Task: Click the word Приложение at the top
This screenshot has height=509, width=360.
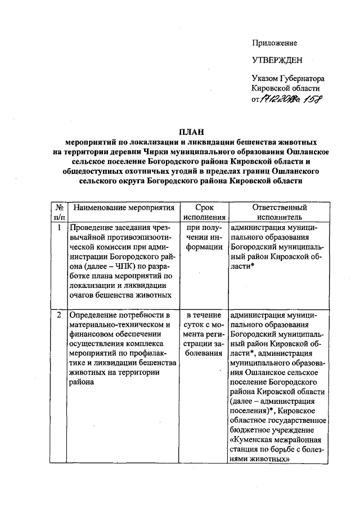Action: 274,43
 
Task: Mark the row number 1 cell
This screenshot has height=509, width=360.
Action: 59,228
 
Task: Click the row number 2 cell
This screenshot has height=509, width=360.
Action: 59,314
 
